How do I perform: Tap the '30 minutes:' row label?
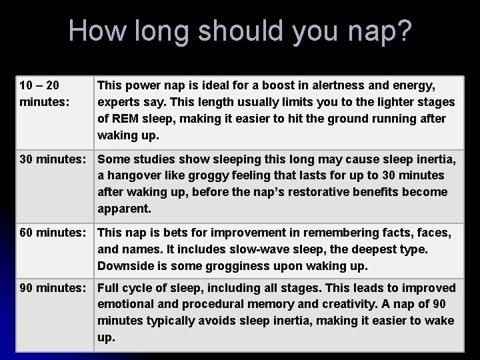pos(52,160)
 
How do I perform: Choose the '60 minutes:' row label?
pos(52,233)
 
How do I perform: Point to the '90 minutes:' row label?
pos(52,289)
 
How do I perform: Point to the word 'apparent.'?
pos(124,209)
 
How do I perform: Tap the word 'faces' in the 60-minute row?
pos(433,233)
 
